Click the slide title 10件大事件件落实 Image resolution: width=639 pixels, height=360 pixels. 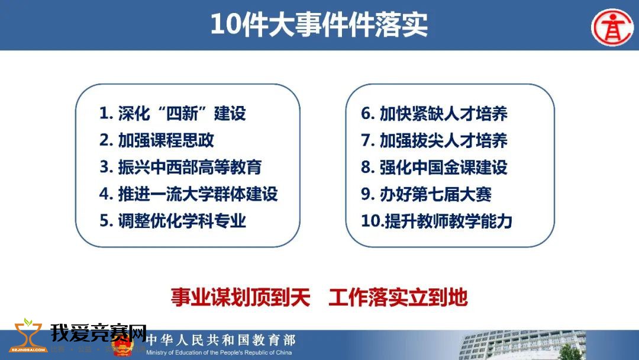click(319, 24)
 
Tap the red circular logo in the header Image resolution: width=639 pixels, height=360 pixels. click(612, 27)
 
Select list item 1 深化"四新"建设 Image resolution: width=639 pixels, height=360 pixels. click(173, 113)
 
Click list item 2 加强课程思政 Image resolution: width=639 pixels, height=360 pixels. click(156, 140)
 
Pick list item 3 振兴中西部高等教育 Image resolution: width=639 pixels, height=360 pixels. click(180, 167)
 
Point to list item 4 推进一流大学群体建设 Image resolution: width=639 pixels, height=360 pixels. click(189, 194)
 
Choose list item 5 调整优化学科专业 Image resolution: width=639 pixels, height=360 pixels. click(173, 221)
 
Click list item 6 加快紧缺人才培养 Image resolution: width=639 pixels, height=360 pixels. click(434, 113)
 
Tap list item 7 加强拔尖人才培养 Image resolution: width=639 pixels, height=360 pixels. click(434, 140)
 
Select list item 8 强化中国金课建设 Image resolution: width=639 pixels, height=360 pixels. click(434, 167)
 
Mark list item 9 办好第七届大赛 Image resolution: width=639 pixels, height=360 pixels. click(426, 194)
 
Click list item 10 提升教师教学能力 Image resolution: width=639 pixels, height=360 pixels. click(437, 221)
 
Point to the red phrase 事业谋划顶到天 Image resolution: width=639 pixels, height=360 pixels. click(240, 297)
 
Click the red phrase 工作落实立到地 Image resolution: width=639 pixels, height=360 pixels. click(398, 297)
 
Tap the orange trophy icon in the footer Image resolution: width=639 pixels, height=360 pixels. click(28, 336)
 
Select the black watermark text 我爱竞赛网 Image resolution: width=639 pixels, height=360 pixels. click(98, 333)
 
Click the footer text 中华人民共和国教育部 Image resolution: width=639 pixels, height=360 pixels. click(221, 340)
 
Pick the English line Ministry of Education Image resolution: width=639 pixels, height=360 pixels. click(219, 353)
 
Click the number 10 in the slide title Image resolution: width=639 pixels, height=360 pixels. click(225, 24)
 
